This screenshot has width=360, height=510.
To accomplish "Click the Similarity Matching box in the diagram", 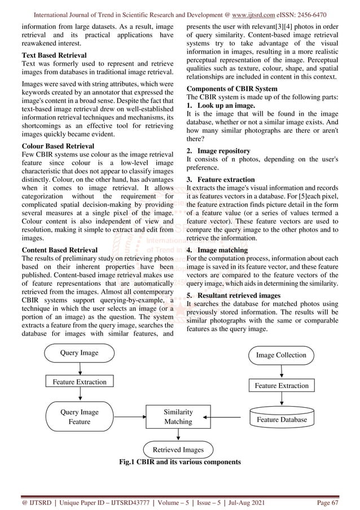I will tap(178, 417).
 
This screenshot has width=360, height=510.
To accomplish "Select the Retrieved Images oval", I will tap(178, 450).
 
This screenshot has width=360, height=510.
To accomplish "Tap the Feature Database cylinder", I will tap(281, 419).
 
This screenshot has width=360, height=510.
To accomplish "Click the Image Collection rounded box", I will tap(281, 355).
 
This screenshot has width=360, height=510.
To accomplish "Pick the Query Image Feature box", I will tap(79, 417).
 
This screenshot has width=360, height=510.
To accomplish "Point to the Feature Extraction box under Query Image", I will tap(79, 382).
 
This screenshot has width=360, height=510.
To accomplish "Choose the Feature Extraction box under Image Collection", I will tap(281, 386).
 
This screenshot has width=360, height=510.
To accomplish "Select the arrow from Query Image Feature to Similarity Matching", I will tap(129, 417).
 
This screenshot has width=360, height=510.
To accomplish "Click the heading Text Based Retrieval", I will tap(54, 55).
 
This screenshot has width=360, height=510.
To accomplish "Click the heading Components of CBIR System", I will tap(231, 89).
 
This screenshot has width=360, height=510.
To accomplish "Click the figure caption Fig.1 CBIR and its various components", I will tap(179, 462).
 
